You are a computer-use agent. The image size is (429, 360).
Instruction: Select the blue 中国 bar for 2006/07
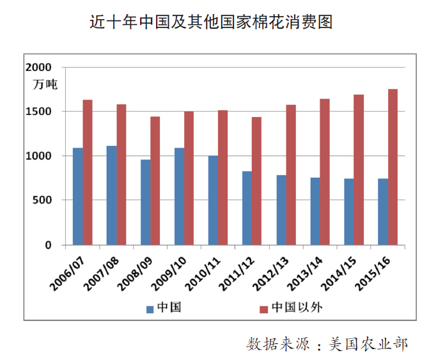click(x=78, y=196)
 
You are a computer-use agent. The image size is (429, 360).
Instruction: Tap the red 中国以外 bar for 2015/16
click(x=392, y=167)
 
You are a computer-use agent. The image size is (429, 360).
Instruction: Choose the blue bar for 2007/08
click(x=112, y=195)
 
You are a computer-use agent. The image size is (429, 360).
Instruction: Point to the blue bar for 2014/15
click(x=349, y=212)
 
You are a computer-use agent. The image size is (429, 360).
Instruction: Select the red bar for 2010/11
click(x=223, y=177)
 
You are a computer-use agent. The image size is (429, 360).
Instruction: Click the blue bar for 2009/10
click(x=180, y=196)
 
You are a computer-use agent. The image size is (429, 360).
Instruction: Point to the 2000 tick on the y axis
click(x=38, y=67)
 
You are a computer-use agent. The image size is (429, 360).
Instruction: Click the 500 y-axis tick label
click(x=42, y=200)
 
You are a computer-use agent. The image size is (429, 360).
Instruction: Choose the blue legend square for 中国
click(x=150, y=309)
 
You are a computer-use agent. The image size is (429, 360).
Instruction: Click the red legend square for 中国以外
click(x=263, y=309)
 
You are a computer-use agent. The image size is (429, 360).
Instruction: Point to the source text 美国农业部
click(x=368, y=343)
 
